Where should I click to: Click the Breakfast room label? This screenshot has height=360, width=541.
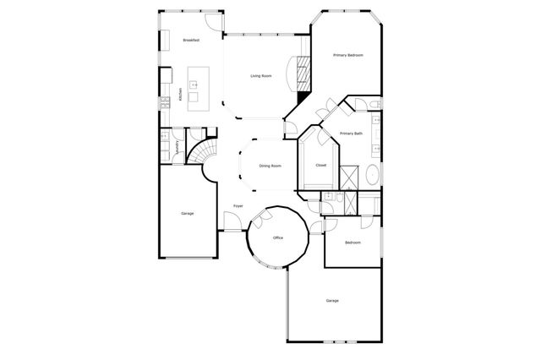[190, 40]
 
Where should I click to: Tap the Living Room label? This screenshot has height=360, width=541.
[260, 76]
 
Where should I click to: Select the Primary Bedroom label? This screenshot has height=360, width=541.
[347, 55]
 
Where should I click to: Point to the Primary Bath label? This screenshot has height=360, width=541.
[351, 134]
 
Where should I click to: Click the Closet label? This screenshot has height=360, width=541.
[321, 165]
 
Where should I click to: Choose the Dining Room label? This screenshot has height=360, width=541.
[270, 166]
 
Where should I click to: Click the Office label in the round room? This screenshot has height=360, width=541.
[277, 238]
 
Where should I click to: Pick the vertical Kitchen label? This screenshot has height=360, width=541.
[180, 95]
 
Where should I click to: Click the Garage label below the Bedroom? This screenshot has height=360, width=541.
[332, 300]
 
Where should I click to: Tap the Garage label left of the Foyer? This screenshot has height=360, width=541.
[187, 213]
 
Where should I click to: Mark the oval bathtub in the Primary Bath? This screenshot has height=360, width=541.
[372, 177]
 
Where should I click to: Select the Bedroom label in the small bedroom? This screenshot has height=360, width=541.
[352, 243]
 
